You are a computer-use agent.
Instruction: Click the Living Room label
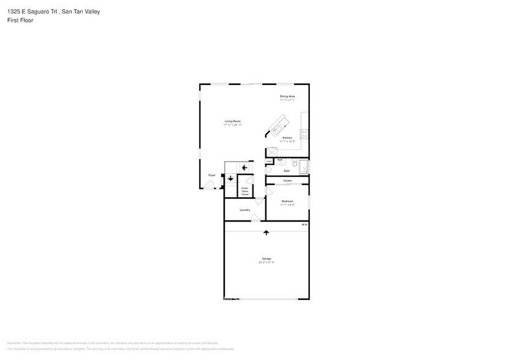(233, 122)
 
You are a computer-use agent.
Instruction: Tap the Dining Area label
(287, 97)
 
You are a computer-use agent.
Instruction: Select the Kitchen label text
(287, 138)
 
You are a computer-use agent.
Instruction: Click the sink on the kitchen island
(277, 128)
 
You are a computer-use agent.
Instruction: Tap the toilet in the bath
(294, 163)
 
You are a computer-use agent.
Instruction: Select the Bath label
(287, 171)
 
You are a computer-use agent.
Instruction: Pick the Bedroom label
(287, 201)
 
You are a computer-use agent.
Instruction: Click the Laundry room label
(245, 210)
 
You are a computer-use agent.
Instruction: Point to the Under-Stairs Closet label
(244, 190)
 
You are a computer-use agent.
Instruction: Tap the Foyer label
(212, 175)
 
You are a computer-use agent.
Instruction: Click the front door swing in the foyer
(209, 185)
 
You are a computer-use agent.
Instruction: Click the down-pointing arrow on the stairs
(230, 179)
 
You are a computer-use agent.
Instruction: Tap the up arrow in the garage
(266, 233)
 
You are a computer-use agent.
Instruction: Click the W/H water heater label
(304, 225)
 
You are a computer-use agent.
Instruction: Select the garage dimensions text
(266, 262)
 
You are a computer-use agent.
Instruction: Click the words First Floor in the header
(21, 20)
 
